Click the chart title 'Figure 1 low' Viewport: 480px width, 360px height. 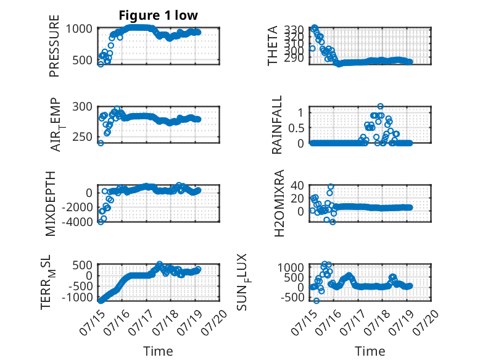point(159,15)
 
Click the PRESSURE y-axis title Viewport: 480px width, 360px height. point(54,46)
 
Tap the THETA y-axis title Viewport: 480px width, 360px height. point(273,46)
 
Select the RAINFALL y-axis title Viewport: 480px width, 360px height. point(276,125)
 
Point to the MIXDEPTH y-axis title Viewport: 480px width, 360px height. point(51,204)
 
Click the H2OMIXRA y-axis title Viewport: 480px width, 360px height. point(279,203)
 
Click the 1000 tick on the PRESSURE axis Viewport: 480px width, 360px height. point(79,29)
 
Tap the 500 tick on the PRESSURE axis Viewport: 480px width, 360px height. point(82,60)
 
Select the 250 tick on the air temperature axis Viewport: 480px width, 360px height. point(82,137)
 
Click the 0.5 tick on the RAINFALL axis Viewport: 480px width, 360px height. point(296,128)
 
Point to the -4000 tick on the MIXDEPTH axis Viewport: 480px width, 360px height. point(77,222)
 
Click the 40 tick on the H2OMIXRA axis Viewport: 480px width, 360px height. point(297,185)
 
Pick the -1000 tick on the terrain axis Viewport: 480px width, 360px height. point(77,297)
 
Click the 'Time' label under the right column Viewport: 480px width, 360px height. point(370,351)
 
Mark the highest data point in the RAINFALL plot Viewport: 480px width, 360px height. point(381,107)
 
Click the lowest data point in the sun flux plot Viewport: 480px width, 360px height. point(317,301)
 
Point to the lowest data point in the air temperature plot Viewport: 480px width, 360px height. point(101,143)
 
